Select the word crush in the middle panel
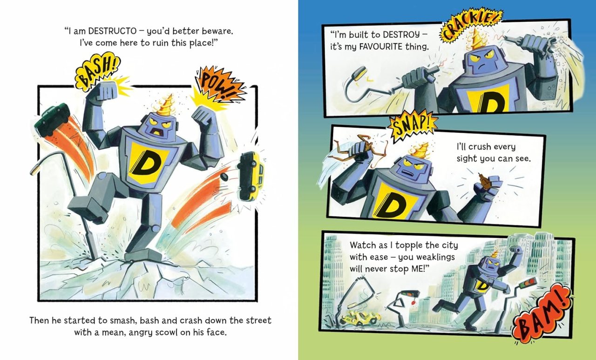point(476,147)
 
